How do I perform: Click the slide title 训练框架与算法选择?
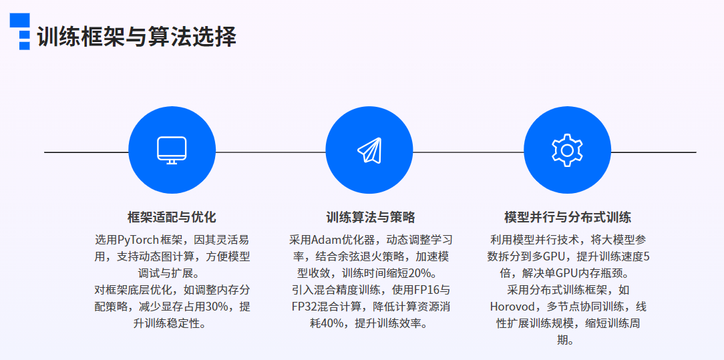(137, 37)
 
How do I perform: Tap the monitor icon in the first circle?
(172, 150)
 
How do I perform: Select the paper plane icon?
(369, 150)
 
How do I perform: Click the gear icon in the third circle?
(568, 150)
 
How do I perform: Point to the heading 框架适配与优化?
(172, 217)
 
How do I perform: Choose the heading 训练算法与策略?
(370, 217)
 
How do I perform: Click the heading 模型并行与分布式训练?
(568, 217)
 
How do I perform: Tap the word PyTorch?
(138, 240)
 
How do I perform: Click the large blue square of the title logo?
(20, 20)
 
